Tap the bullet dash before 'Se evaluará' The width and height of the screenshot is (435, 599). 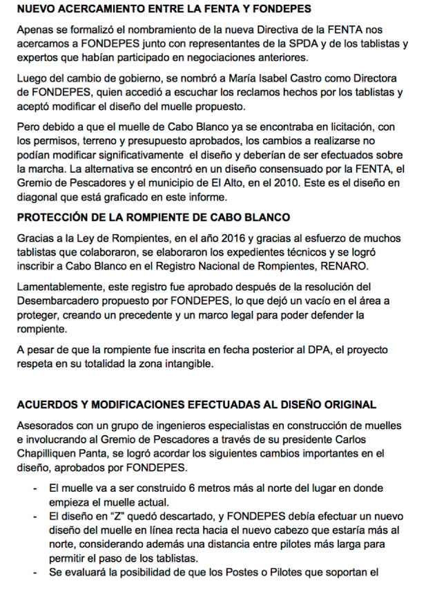[x=35, y=573]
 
